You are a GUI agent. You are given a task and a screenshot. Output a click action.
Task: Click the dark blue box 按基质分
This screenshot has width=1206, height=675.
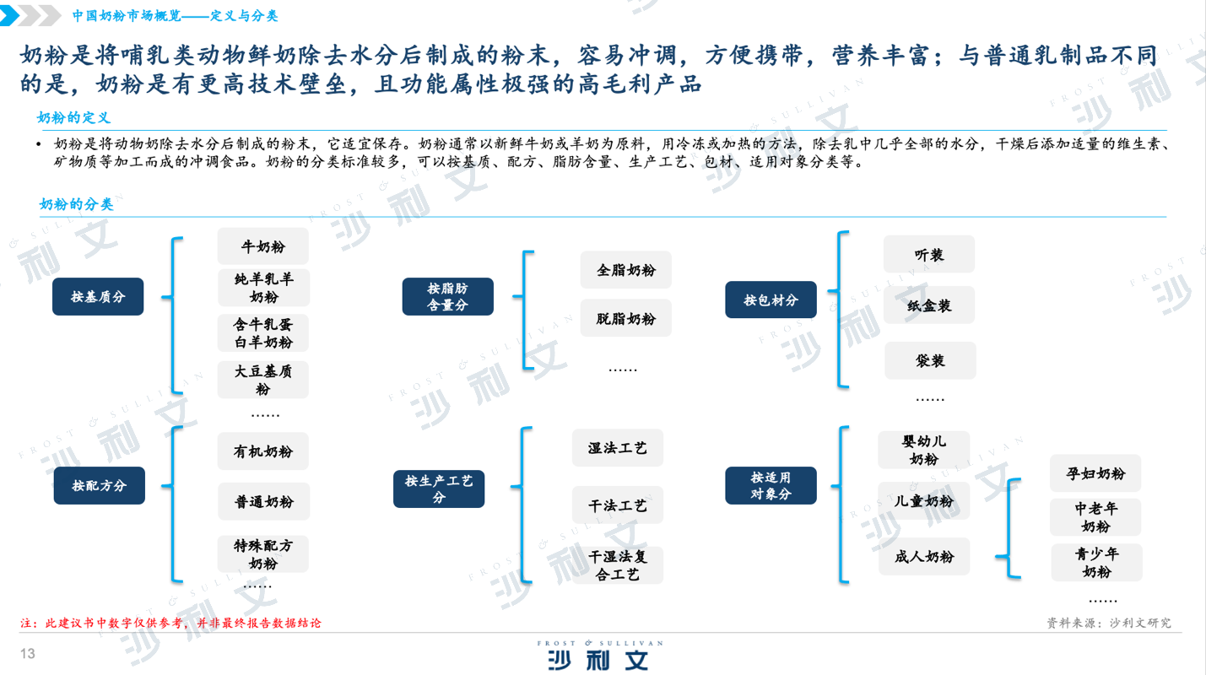click(x=98, y=297)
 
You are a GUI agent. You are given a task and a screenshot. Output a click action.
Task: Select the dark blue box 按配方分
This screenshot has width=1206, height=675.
click(x=99, y=485)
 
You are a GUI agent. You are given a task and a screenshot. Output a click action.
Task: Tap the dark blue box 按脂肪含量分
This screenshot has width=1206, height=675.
click(x=448, y=297)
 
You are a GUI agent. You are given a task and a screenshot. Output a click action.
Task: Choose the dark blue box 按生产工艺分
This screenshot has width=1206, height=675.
click(x=439, y=489)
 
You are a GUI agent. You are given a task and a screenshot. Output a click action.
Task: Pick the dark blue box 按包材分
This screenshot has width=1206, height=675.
click(x=771, y=300)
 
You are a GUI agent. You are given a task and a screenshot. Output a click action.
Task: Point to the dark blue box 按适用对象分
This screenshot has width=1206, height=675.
click(x=771, y=485)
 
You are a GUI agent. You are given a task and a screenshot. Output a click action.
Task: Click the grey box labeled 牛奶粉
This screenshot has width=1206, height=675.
click(x=263, y=246)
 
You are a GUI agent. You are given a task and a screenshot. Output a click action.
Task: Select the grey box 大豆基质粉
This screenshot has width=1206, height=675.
click(x=263, y=380)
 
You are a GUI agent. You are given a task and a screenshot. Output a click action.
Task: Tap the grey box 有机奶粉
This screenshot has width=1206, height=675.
click(x=263, y=451)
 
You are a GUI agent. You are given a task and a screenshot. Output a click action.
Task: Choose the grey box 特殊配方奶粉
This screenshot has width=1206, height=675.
click(x=263, y=553)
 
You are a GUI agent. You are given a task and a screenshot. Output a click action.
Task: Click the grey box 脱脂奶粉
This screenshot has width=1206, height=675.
click(x=625, y=318)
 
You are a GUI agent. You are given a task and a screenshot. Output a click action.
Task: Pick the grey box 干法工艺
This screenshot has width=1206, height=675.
click(x=618, y=505)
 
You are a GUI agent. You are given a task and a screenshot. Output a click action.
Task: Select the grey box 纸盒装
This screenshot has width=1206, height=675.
click(x=929, y=305)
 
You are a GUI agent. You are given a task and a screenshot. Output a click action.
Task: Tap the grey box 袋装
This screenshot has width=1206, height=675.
click(x=930, y=360)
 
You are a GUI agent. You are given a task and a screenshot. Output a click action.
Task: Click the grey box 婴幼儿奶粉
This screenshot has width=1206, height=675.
click(x=924, y=450)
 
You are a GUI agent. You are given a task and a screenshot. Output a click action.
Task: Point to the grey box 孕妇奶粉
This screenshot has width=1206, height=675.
click(x=1095, y=473)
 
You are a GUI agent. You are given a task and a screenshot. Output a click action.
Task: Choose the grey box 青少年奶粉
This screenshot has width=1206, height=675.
click(x=1096, y=563)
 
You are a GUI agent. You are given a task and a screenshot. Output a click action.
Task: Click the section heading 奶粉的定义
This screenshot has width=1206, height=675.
click(x=73, y=118)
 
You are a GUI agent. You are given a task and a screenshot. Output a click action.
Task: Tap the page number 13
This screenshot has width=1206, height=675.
click(x=28, y=653)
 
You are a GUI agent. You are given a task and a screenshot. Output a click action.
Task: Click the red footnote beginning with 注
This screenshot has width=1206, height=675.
click(x=170, y=623)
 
